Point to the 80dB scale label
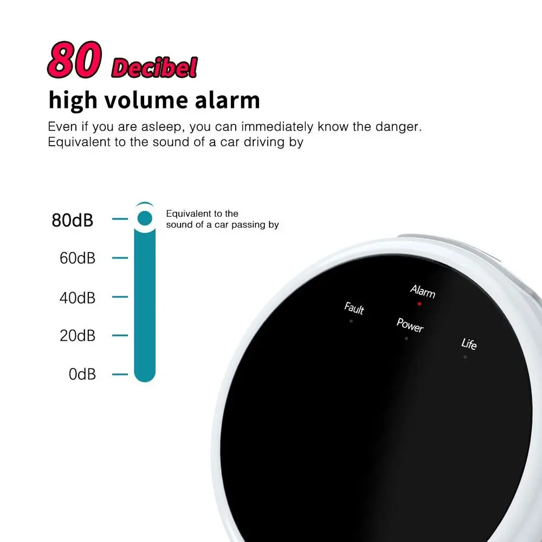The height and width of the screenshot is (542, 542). pyautogui.click(x=73, y=221)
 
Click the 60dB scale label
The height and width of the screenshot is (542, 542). pyautogui.click(x=78, y=258)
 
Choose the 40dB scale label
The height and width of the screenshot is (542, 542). pyautogui.click(x=78, y=298)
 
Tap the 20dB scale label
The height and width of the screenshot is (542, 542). pyautogui.click(x=78, y=336)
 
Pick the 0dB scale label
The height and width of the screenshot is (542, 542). pyautogui.click(x=82, y=374)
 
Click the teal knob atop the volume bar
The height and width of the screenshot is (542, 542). pyautogui.click(x=144, y=218)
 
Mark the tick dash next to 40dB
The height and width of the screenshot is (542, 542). pyautogui.click(x=120, y=297)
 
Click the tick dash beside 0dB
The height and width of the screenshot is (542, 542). pyautogui.click(x=120, y=374)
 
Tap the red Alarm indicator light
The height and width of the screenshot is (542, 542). pyautogui.click(x=419, y=304)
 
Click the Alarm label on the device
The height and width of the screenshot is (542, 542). pyautogui.click(x=423, y=292)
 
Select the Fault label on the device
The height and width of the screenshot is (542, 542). pyautogui.click(x=354, y=308)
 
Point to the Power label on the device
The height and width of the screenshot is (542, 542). pyautogui.click(x=410, y=325)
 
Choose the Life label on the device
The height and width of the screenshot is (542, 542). pyautogui.click(x=469, y=344)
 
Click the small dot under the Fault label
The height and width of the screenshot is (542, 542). pyautogui.click(x=351, y=321)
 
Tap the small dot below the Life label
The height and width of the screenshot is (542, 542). pyautogui.click(x=465, y=357)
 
